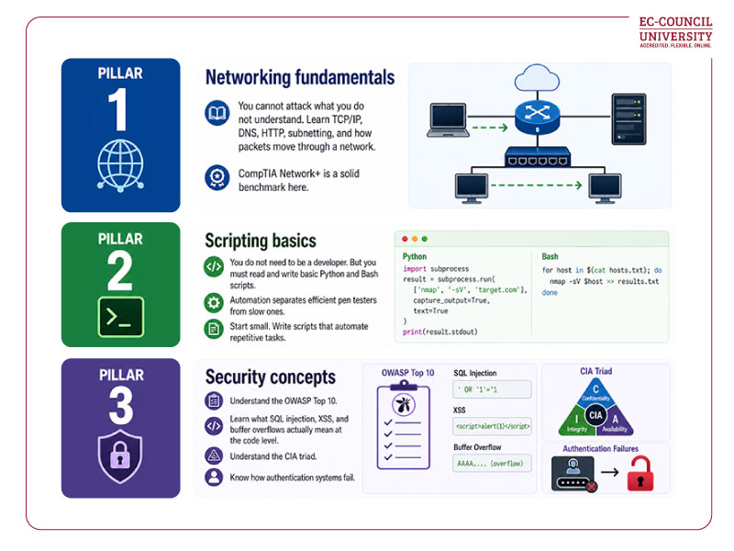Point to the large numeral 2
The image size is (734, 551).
click(121, 270)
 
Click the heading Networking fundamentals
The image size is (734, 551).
click(300, 77)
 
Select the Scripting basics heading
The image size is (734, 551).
click(261, 241)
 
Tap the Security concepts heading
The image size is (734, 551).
click(271, 377)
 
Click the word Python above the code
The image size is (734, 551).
click(415, 257)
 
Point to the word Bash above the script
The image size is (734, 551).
click(551, 257)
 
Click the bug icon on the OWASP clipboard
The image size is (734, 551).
click(402, 406)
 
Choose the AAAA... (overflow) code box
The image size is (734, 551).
click(492, 465)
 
